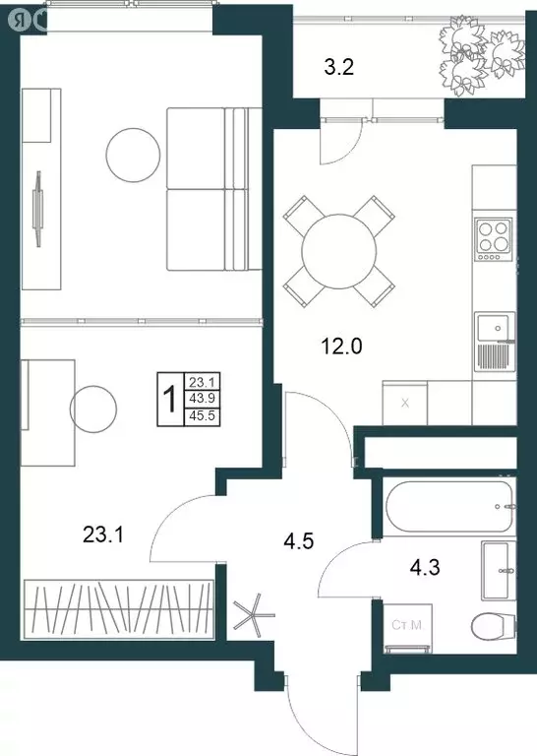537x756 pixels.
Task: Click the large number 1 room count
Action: pos(169,400)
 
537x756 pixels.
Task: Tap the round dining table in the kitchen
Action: pos(338,251)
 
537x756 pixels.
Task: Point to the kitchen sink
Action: pos(494,327)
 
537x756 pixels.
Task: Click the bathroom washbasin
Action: pos(497,570)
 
